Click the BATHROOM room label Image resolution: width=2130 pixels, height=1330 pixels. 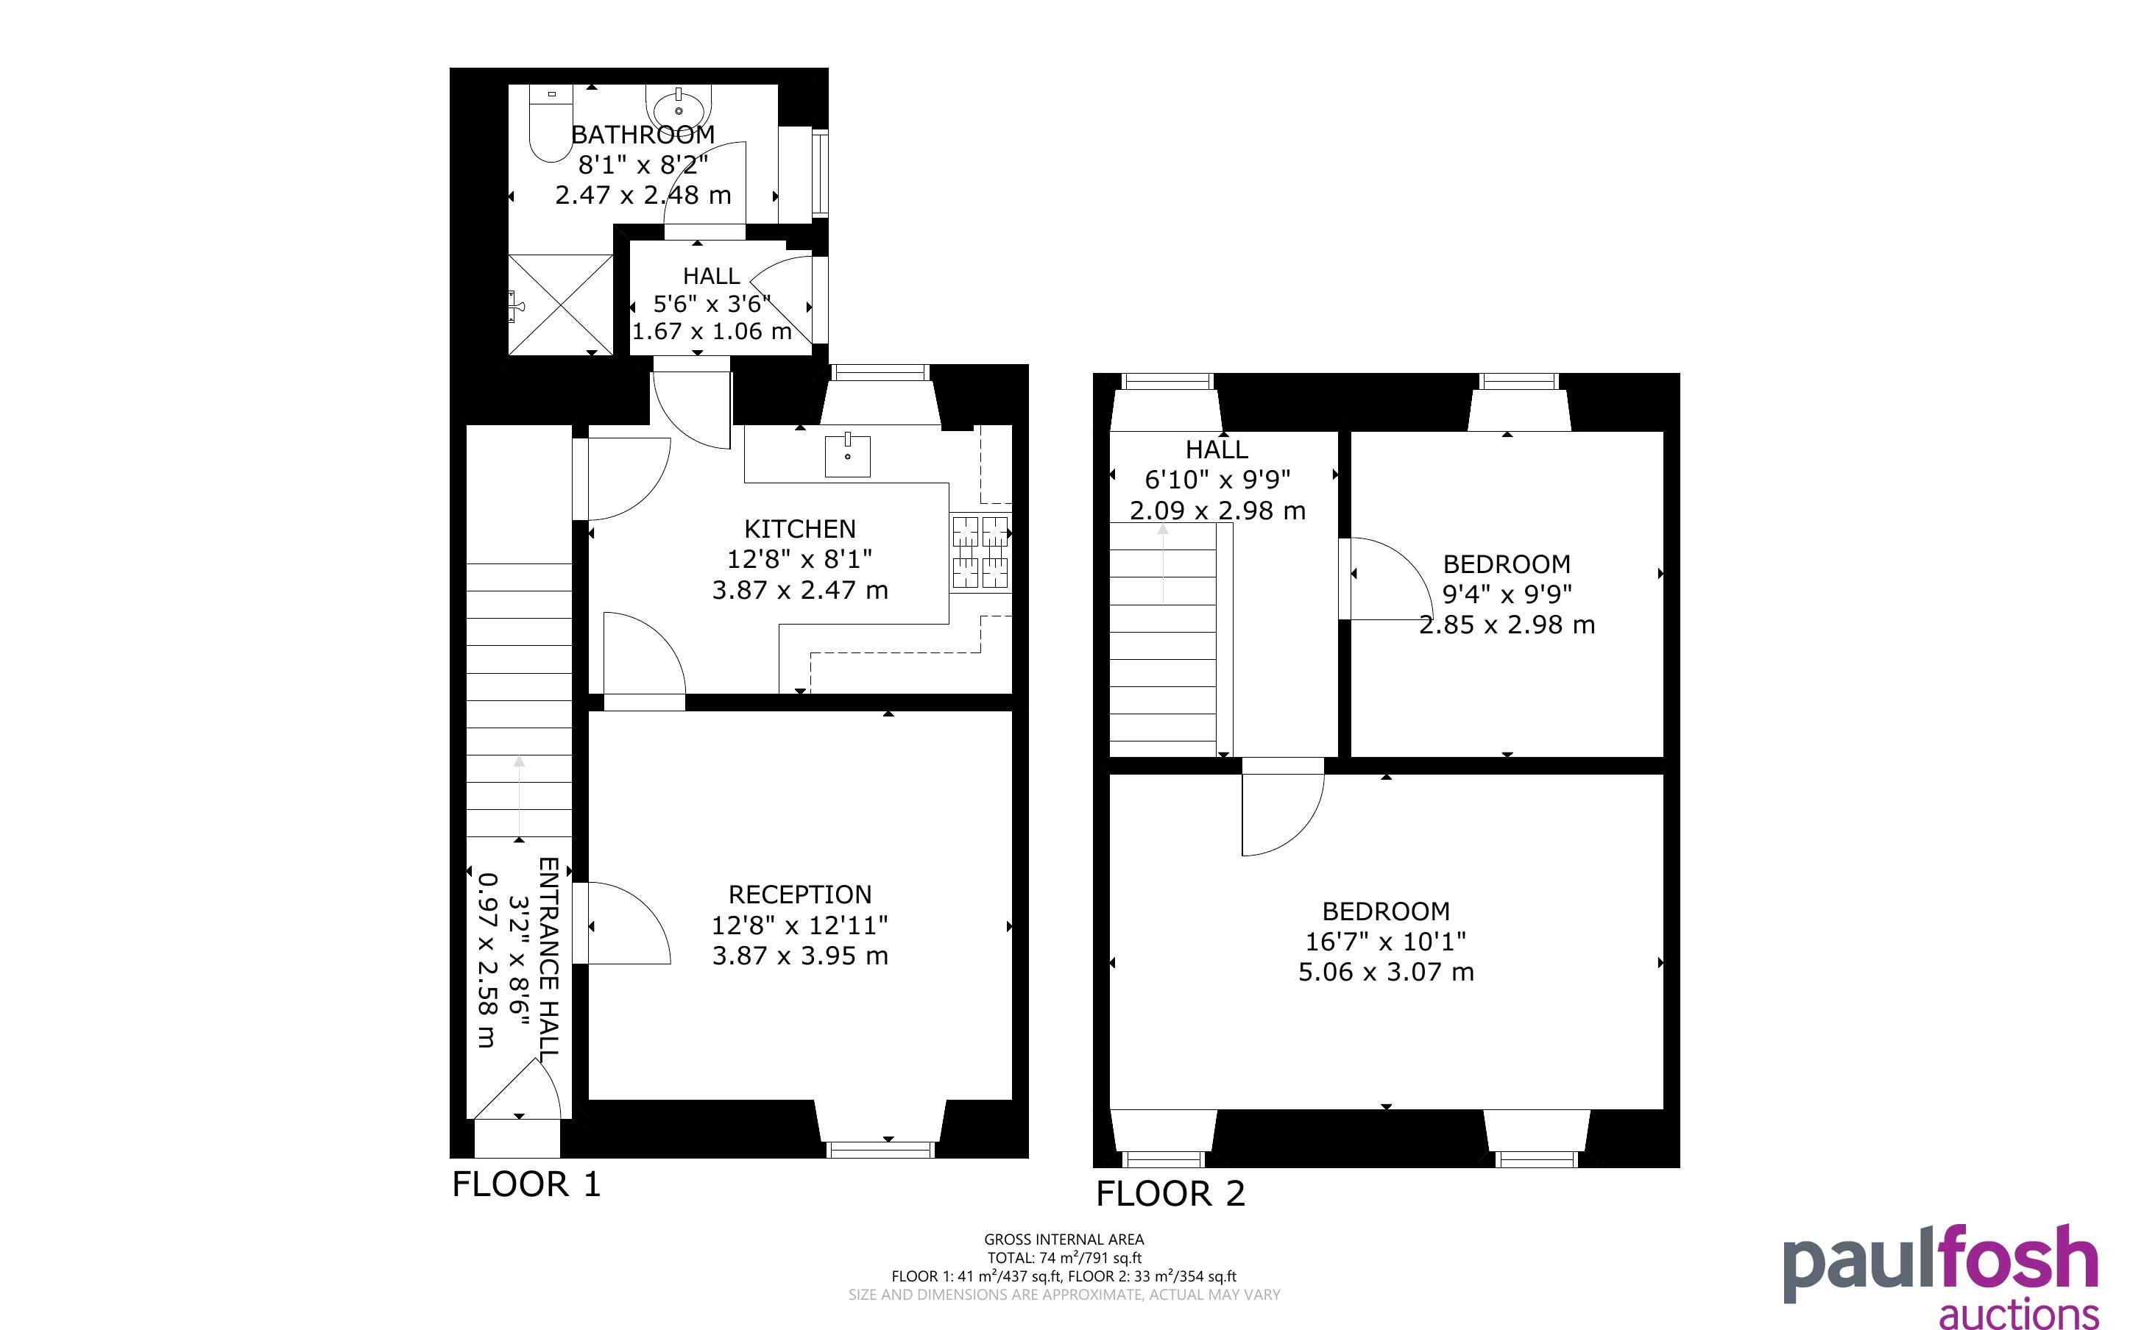tap(643, 135)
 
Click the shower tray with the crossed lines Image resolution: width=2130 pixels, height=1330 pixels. tap(560, 305)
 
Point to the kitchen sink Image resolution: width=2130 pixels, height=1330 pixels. tap(847, 455)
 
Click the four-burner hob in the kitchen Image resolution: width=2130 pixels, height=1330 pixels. tap(980, 552)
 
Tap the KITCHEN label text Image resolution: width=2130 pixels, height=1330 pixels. tap(800, 529)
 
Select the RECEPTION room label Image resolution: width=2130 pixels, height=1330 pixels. tap(800, 895)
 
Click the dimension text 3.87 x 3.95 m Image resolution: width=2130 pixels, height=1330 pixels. tap(800, 956)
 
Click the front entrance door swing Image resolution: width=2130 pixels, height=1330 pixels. tap(517, 1090)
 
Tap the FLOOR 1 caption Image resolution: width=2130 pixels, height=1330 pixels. tap(526, 1184)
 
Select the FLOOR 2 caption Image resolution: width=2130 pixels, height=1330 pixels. tap(1170, 1194)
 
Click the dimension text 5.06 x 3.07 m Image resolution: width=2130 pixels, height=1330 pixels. tap(1386, 972)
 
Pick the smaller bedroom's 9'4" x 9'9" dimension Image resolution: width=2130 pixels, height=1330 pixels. tap(1507, 594)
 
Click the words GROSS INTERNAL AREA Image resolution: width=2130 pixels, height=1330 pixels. tap(1064, 1240)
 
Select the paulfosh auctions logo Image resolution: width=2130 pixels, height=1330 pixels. tap(1941, 1277)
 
